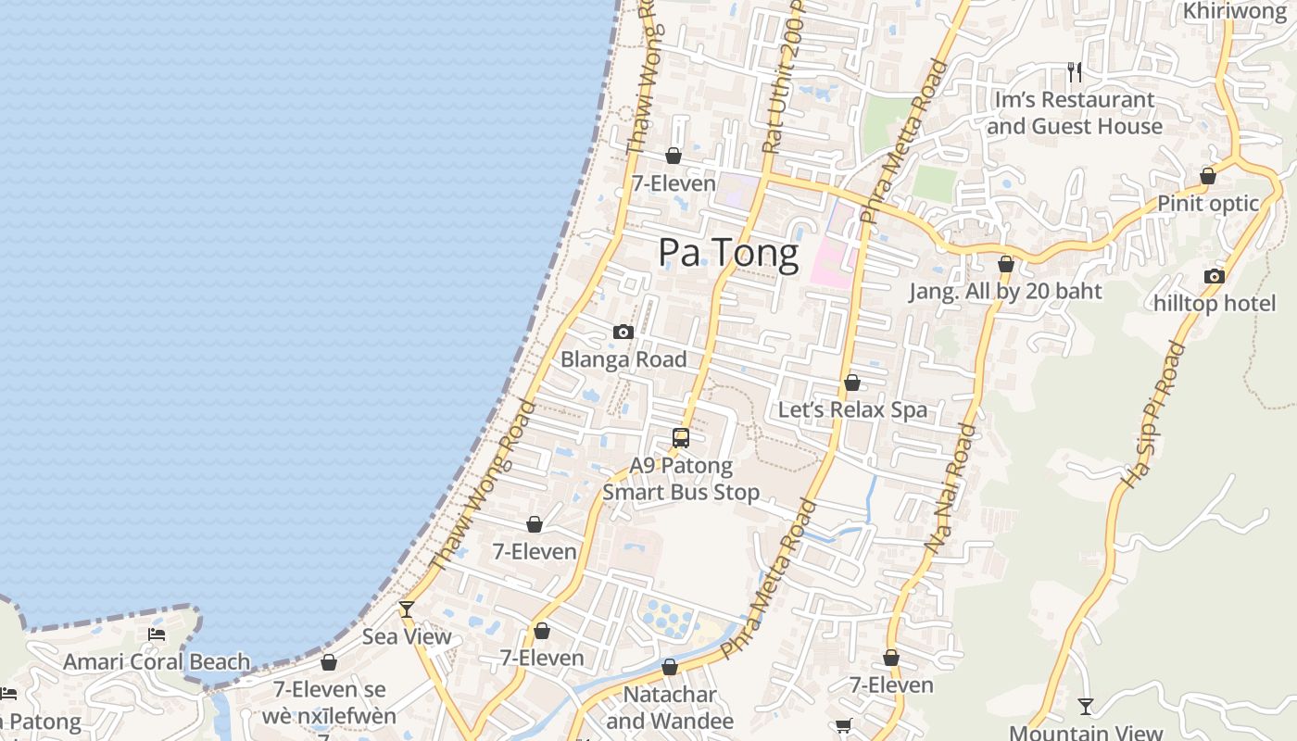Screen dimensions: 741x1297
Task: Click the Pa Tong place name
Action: pyautogui.click(x=728, y=253)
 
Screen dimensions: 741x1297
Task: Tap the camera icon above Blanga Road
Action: pyautogui.click(x=623, y=332)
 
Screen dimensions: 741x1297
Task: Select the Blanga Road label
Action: pyautogui.click(x=623, y=359)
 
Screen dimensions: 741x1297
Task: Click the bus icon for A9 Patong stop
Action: pyautogui.click(x=681, y=438)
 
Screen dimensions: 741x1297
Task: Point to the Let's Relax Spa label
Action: pyautogui.click(x=852, y=409)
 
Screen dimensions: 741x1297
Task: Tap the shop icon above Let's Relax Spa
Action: pyautogui.click(x=852, y=383)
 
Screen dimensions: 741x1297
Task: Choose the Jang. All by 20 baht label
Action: pyautogui.click(x=1005, y=292)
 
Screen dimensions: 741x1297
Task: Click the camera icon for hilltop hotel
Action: pyautogui.click(x=1214, y=276)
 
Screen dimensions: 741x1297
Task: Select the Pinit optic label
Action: pyautogui.click(x=1208, y=203)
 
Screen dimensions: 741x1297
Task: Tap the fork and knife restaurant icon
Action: pyautogui.click(x=1075, y=71)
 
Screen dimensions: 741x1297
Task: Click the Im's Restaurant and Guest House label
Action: pyautogui.click(x=1075, y=113)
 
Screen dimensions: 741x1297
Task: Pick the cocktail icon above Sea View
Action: pyautogui.click(x=406, y=609)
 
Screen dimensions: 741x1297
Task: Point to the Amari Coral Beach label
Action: pyautogui.click(x=157, y=662)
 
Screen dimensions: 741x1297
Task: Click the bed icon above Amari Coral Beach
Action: pyautogui.click(x=157, y=634)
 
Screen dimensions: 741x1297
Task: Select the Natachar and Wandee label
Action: pyautogui.click(x=670, y=708)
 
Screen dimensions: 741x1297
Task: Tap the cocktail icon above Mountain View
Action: pyautogui.click(x=1085, y=707)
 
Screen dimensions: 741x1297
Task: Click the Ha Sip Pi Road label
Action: pyautogui.click(x=1153, y=415)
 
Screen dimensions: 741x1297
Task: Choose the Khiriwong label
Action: pyautogui.click(x=1235, y=11)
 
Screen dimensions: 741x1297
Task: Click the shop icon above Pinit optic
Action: pyautogui.click(x=1208, y=176)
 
